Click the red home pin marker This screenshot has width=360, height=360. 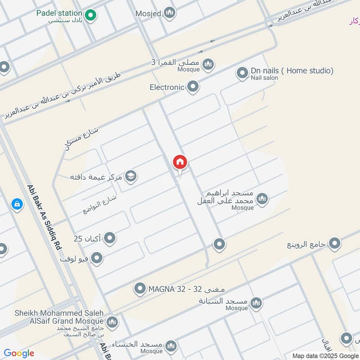[180, 163]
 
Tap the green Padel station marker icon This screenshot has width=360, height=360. [91, 15]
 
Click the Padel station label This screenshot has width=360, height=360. [59, 13]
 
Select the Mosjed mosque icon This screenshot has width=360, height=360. [170, 13]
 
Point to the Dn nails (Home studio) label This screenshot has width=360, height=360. [292, 71]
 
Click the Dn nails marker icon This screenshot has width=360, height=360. [243, 73]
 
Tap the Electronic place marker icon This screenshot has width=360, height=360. [193, 87]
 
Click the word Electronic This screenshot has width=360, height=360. [167, 87]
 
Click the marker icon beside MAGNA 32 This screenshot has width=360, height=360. [140, 288]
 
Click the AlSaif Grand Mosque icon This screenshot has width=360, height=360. [112, 322]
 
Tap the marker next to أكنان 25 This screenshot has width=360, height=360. [110, 238]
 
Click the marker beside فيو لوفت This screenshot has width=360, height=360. [97, 258]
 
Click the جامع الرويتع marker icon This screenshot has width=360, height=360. [334, 244]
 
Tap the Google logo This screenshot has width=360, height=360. [19, 353]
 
